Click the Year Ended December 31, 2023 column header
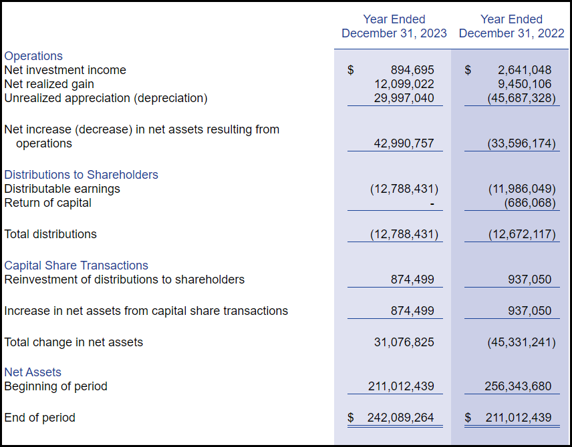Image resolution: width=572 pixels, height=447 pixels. (394, 26)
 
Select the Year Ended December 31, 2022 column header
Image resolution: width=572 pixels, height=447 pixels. (511, 26)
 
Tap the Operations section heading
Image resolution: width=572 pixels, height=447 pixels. (33, 56)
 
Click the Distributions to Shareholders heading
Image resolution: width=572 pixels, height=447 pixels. (81, 175)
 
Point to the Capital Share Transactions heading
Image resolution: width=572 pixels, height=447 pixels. (76, 266)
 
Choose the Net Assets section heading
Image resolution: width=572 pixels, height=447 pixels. (33, 372)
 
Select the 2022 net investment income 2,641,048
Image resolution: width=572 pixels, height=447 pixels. (525, 70)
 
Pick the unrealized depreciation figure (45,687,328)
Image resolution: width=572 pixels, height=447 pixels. (521, 98)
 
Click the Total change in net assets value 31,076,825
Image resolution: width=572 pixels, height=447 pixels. (404, 342)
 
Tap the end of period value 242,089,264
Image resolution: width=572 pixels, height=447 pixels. (400, 418)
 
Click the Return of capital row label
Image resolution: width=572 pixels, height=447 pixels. (47, 203)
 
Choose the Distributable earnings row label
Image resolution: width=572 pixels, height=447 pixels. (62, 189)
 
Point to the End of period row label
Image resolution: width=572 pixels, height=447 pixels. (39, 418)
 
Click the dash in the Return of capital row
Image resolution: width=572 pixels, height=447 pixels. (432, 203)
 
